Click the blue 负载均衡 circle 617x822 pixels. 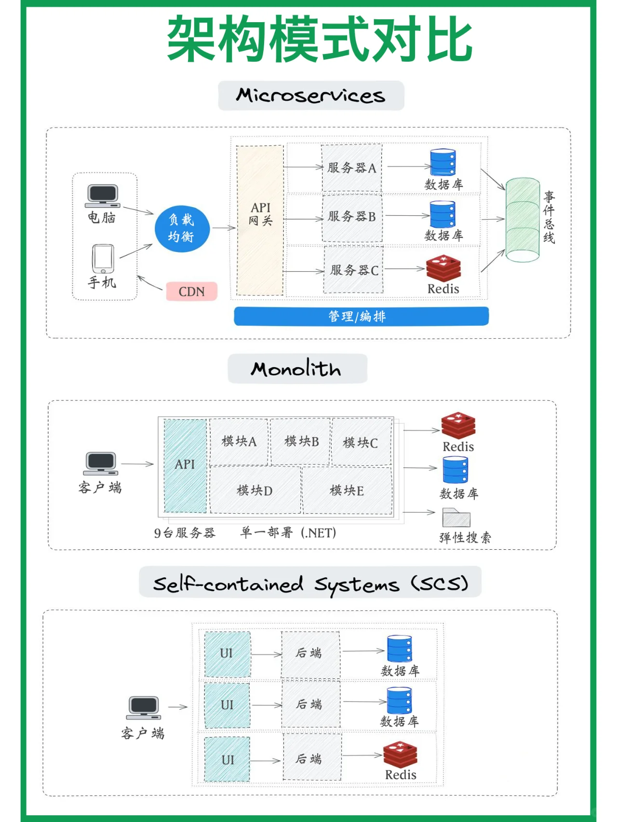[x=182, y=228]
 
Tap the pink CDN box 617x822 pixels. [x=191, y=292]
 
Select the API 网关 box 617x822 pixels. [x=260, y=220]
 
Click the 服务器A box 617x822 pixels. [x=351, y=168]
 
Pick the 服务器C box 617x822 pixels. [x=353, y=270]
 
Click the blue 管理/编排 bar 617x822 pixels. [x=361, y=316]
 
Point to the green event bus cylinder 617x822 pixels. [x=523, y=220]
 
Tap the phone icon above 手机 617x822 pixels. [x=103, y=258]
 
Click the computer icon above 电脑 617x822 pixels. [x=102, y=196]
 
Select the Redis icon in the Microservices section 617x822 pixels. [x=443, y=268]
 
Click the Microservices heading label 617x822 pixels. [x=311, y=95]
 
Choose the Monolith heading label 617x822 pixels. [x=297, y=369]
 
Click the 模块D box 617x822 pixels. [x=255, y=490]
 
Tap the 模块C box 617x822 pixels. [x=361, y=442]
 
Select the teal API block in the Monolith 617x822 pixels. [x=185, y=465]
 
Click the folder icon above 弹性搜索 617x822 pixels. [x=456, y=518]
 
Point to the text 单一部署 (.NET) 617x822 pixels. [x=288, y=532]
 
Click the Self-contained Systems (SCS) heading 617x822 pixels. [x=310, y=583]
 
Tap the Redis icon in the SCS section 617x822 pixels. [x=400, y=755]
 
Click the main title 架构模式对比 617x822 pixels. [x=319, y=39]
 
